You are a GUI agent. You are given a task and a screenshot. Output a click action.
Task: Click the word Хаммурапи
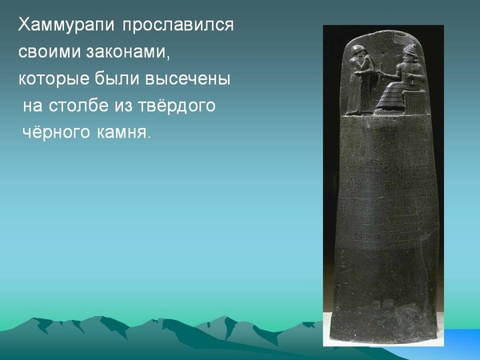[x=66, y=25]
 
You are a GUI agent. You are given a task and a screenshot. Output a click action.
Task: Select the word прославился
[x=178, y=25]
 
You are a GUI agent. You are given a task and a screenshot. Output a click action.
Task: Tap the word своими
[x=50, y=51]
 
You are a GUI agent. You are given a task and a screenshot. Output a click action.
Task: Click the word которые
[x=54, y=79]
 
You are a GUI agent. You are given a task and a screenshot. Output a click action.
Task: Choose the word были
[x=117, y=78]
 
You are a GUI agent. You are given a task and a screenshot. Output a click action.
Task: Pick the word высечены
[x=187, y=78]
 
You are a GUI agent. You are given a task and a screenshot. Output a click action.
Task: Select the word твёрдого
[x=177, y=106]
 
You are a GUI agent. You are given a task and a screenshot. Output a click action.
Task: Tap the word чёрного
[x=57, y=133]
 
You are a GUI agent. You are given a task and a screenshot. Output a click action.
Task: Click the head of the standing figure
[x=358, y=51]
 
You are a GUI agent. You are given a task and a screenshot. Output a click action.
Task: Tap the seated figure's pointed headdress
[x=410, y=50]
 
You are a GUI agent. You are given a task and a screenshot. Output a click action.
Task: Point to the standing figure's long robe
[x=357, y=89]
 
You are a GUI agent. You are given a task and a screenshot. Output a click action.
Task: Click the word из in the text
[x=124, y=106]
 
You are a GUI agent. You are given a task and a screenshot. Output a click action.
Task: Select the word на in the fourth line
[x=33, y=106]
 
